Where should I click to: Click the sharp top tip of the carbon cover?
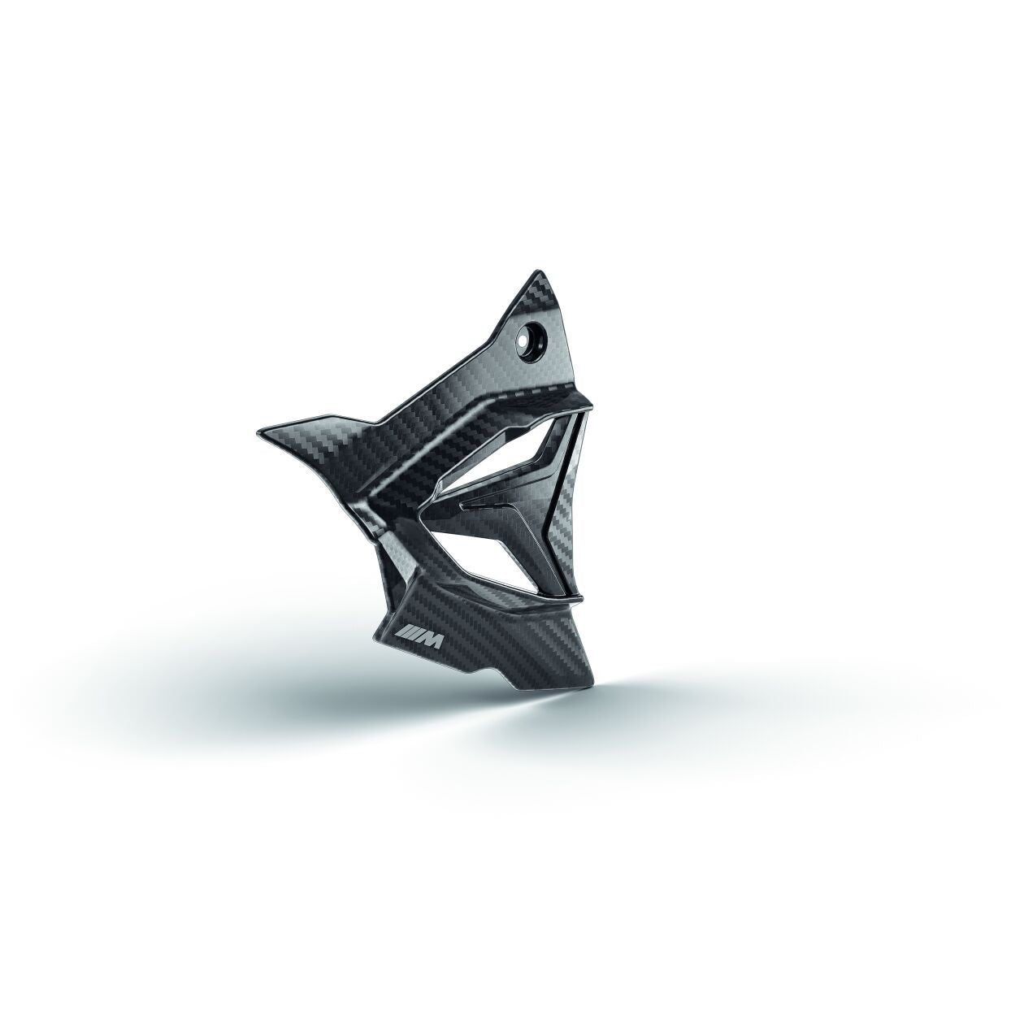coord(536,270)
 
